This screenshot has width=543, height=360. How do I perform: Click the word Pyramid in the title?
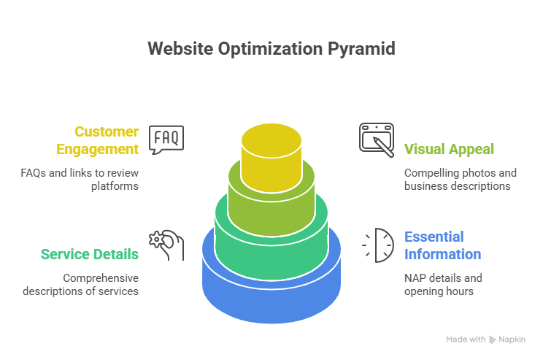(x=358, y=49)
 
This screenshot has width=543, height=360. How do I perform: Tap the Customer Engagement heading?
(x=107, y=140)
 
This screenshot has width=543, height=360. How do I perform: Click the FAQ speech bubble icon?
(x=166, y=139)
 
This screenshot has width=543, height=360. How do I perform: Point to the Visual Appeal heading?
(x=449, y=149)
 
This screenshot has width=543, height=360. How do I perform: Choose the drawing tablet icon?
(x=377, y=139)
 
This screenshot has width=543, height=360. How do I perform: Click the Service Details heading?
(x=89, y=254)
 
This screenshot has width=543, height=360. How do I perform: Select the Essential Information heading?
(x=442, y=245)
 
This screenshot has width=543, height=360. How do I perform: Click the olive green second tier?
(x=271, y=204)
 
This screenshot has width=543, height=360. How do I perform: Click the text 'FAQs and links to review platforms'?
(x=80, y=180)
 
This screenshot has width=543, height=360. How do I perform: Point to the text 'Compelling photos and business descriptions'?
(x=460, y=180)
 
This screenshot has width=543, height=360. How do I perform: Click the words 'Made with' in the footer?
(x=466, y=340)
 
